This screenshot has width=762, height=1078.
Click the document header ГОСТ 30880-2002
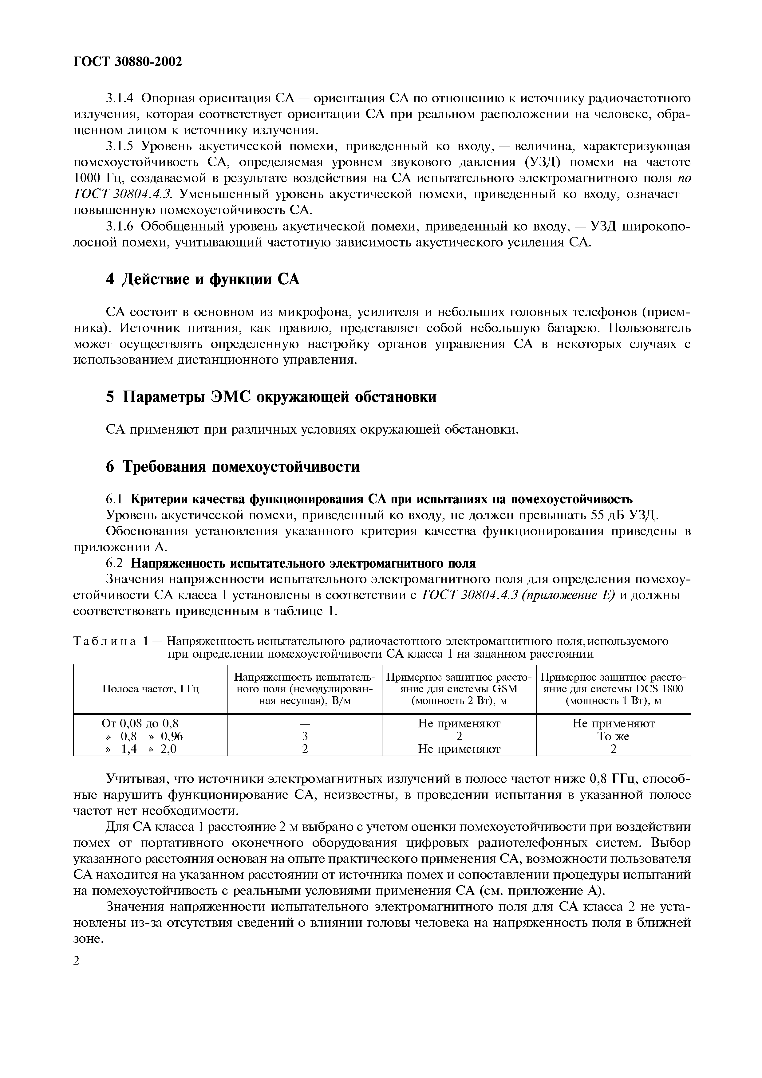[x=127, y=61]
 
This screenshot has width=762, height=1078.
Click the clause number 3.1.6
[x=120, y=227]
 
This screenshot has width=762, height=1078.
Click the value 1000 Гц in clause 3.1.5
[x=98, y=179]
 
